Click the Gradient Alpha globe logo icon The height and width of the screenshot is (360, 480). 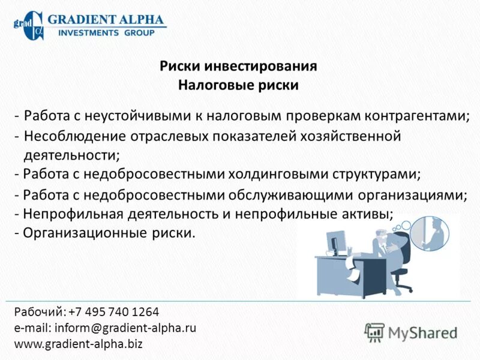coord(28,25)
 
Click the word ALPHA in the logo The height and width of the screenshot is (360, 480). coord(135,19)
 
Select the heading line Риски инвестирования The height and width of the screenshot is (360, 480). coord(238,67)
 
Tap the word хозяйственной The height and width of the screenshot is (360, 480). coord(352,136)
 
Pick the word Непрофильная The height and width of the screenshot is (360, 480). coord(68,214)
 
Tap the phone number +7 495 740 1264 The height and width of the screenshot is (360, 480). coord(114,312)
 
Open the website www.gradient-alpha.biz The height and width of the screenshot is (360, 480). coord(78,344)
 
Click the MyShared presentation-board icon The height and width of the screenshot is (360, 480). coord(374,332)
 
